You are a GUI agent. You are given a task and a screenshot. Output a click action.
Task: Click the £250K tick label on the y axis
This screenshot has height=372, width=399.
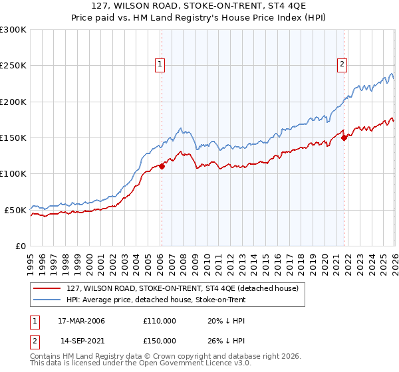tap(13, 66)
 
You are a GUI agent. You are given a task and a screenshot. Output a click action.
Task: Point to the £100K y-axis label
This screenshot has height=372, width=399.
tap(13, 173)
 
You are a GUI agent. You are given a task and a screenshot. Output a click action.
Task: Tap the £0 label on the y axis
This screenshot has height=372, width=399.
tap(21, 246)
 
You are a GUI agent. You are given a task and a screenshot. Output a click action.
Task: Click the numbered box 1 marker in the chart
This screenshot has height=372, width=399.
tap(161, 64)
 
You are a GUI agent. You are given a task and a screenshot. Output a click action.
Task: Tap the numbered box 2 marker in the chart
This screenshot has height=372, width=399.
tap(342, 64)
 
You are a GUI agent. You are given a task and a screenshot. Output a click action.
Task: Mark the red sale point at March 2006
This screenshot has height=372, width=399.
tap(162, 167)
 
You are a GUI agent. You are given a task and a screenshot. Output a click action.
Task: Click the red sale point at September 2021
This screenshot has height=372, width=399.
tap(344, 138)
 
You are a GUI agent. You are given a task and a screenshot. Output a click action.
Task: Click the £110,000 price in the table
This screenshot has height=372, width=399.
tap(160, 321)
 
